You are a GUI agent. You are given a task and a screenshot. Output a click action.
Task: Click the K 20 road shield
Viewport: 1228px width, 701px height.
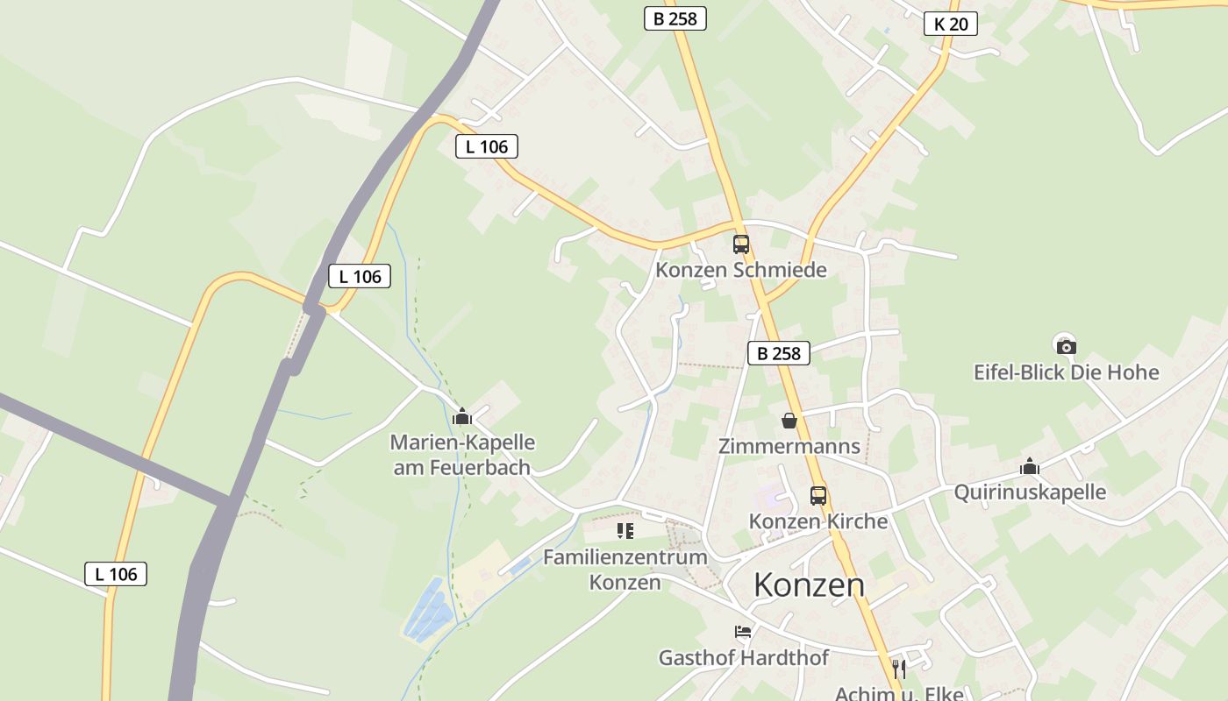(x=951, y=24)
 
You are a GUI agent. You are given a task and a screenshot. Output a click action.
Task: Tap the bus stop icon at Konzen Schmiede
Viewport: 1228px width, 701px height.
(x=741, y=244)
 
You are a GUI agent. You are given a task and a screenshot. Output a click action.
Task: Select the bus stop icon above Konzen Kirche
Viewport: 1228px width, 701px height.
(x=818, y=496)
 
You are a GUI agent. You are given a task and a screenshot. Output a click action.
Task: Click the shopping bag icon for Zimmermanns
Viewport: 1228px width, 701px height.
(x=789, y=421)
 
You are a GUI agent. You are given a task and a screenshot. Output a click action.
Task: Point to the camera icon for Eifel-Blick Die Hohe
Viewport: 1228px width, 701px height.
(x=1067, y=346)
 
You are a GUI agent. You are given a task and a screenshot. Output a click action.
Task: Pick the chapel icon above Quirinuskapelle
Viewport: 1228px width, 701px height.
(x=1030, y=467)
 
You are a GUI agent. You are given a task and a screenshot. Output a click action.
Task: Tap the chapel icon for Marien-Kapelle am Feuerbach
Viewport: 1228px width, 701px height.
(x=462, y=417)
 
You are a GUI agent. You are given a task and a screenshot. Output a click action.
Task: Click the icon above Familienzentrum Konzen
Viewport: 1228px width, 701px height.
(x=625, y=530)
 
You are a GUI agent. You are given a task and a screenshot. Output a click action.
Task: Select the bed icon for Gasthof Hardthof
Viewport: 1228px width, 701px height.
(x=743, y=632)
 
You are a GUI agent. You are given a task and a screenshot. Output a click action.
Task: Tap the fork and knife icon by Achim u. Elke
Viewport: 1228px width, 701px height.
(x=898, y=669)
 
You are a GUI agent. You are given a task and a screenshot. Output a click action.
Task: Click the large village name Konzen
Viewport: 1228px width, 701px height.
(x=809, y=584)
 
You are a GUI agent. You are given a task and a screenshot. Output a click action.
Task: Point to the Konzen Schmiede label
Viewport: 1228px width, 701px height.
(x=741, y=270)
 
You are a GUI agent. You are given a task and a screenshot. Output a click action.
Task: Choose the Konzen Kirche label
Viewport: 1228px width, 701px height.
(x=817, y=521)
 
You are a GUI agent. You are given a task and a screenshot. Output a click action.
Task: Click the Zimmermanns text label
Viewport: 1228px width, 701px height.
(x=789, y=446)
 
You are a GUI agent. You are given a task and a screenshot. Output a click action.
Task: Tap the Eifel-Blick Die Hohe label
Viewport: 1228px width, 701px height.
(x=1066, y=372)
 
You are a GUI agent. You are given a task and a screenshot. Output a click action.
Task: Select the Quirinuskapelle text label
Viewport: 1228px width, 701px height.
(x=1030, y=492)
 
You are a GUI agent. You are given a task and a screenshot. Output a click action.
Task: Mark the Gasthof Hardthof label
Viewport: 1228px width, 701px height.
(x=743, y=657)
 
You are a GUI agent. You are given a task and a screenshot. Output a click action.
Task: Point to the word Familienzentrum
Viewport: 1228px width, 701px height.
(x=625, y=557)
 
